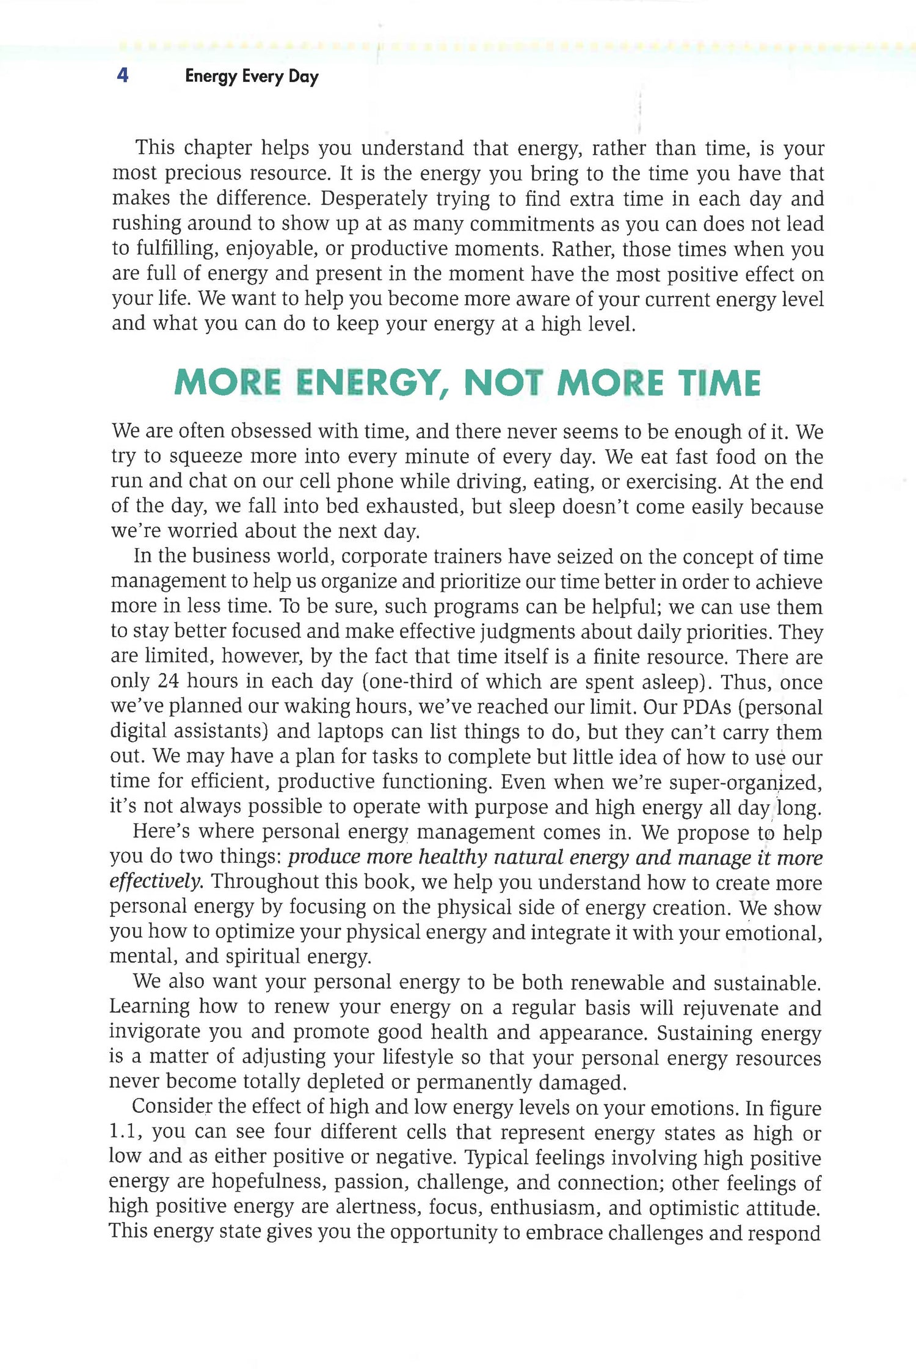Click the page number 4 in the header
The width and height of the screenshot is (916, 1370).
123,76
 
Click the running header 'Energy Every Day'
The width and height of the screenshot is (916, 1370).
252,76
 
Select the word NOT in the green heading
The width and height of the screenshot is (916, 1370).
503,383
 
